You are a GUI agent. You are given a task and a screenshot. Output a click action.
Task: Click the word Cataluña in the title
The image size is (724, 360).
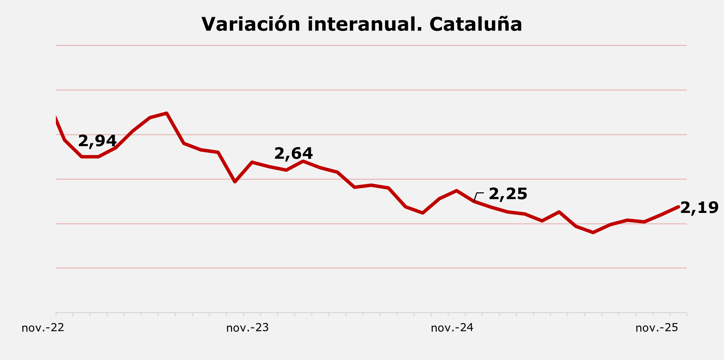tap(475, 25)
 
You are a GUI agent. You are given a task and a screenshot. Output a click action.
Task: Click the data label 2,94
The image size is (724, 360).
tap(97, 141)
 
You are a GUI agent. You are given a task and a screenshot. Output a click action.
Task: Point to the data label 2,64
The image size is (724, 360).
tap(293, 154)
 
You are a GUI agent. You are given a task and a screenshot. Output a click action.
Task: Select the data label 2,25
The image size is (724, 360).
tap(508, 194)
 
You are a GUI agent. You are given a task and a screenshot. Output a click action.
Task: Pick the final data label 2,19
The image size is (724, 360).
tap(699, 208)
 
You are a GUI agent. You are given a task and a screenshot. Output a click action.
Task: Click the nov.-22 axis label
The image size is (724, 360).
tap(43, 328)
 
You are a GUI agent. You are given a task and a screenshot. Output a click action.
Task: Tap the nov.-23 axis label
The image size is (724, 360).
tap(248, 328)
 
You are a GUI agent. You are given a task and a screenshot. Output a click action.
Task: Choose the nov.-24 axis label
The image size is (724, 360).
tap(452, 328)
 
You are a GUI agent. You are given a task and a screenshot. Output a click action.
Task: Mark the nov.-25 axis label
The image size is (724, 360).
tap(657, 328)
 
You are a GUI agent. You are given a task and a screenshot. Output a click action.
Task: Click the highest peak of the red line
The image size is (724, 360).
tap(167, 113)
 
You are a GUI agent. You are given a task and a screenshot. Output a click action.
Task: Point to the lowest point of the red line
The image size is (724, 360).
tap(593, 233)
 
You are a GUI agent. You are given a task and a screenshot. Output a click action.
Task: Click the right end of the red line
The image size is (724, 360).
tap(678, 207)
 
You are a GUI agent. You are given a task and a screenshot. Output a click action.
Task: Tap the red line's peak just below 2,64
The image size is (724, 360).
tap(303, 161)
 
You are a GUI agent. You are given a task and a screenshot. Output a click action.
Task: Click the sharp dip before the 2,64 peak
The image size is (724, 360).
tap(235, 182)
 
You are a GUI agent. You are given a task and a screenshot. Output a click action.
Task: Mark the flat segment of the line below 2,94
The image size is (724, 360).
tap(90, 157)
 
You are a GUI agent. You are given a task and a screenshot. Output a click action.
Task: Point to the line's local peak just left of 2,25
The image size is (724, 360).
tap(457, 191)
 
